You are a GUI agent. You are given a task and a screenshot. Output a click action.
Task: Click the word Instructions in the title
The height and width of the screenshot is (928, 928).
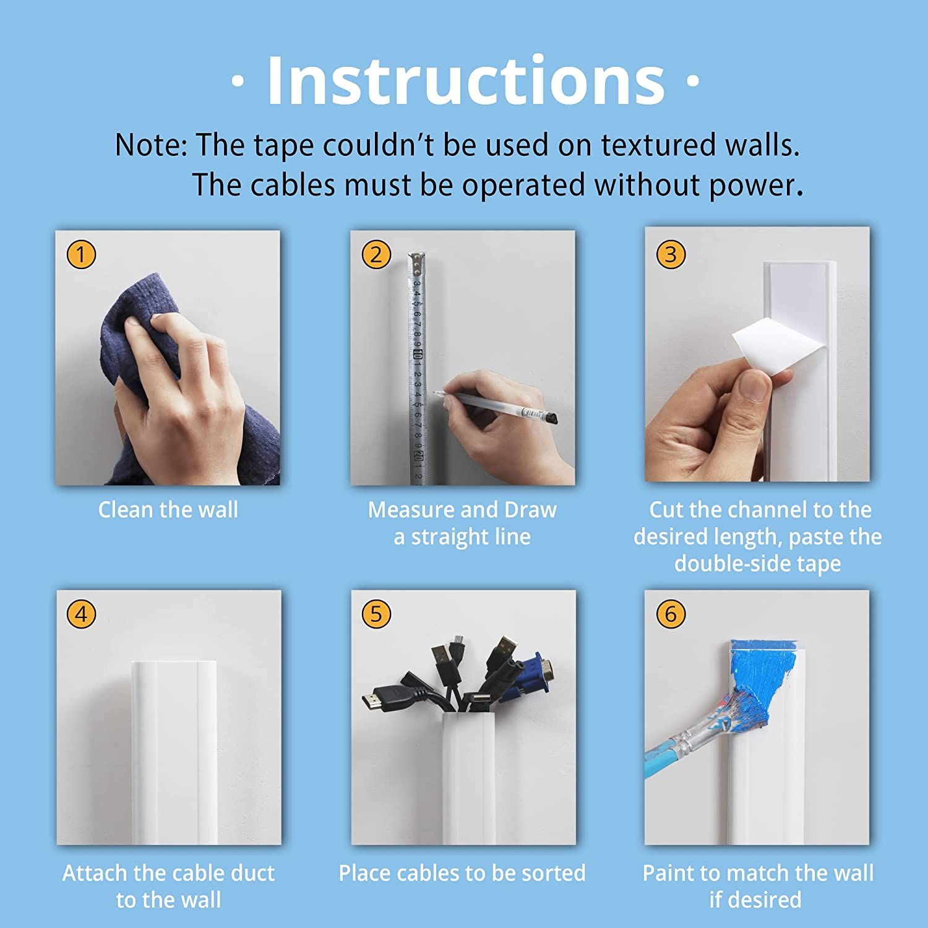[x=465, y=81]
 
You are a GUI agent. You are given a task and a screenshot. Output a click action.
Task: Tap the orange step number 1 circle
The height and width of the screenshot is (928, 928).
[x=81, y=254]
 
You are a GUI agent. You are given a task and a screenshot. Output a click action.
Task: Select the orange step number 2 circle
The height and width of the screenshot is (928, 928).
[x=376, y=254]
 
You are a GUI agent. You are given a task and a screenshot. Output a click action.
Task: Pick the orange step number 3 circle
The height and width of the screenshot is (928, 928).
[x=671, y=254]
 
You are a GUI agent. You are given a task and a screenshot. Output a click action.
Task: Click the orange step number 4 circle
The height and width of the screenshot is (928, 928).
[x=81, y=614]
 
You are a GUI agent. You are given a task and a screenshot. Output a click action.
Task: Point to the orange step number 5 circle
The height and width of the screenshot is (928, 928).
[x=376, y=614]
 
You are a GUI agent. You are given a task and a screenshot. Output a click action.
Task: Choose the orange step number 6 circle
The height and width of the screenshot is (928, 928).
[x=671, y=614]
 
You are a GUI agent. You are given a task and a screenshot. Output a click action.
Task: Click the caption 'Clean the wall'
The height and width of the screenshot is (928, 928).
[x=168, y=510]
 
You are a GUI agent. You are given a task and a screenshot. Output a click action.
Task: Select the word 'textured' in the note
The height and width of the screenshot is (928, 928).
[x=659, y=145]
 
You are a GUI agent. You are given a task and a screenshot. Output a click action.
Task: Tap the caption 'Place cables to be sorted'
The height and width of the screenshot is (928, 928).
[x=462, y=873]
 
